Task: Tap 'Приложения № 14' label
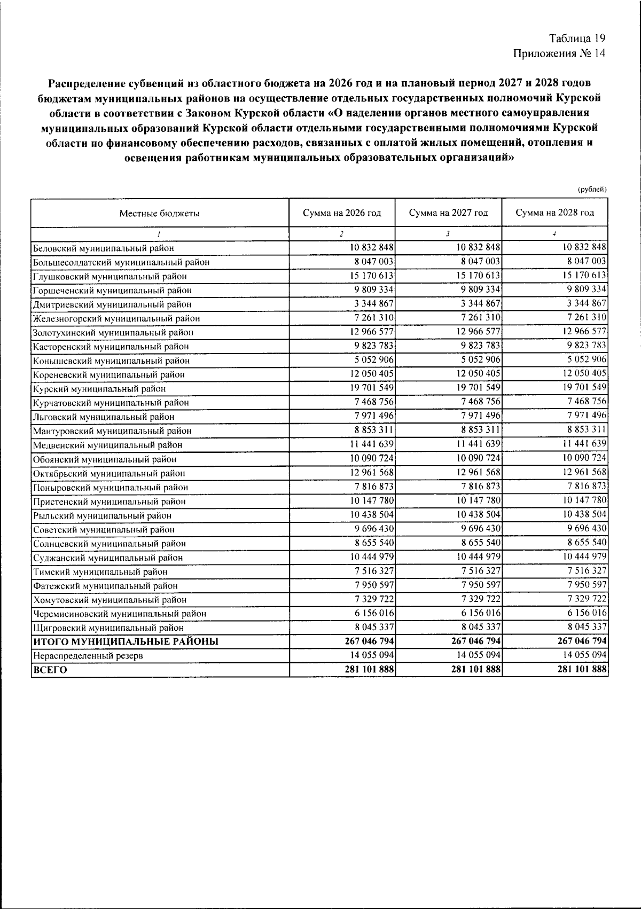(x=559, y=53)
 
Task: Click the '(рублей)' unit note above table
(x=592, y=189)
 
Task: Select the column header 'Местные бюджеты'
(x=159, y=213)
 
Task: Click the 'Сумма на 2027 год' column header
(x=448, y=213)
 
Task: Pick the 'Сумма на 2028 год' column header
(x=554, y=213)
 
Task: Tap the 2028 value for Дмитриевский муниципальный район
(x=584, y=303)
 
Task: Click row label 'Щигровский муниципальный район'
(x=108, y=628)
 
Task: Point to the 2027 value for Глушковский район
(x=478, y=276)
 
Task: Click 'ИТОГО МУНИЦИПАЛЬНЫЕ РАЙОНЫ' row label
(x=126, y=641)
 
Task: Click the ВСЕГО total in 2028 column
(x=581, y=669)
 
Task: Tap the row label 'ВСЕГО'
(x=50, y=670)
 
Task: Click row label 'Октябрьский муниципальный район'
(x=109, y=473)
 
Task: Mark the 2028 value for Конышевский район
(x=584, y=359)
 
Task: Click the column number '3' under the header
(x=448, y=233)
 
